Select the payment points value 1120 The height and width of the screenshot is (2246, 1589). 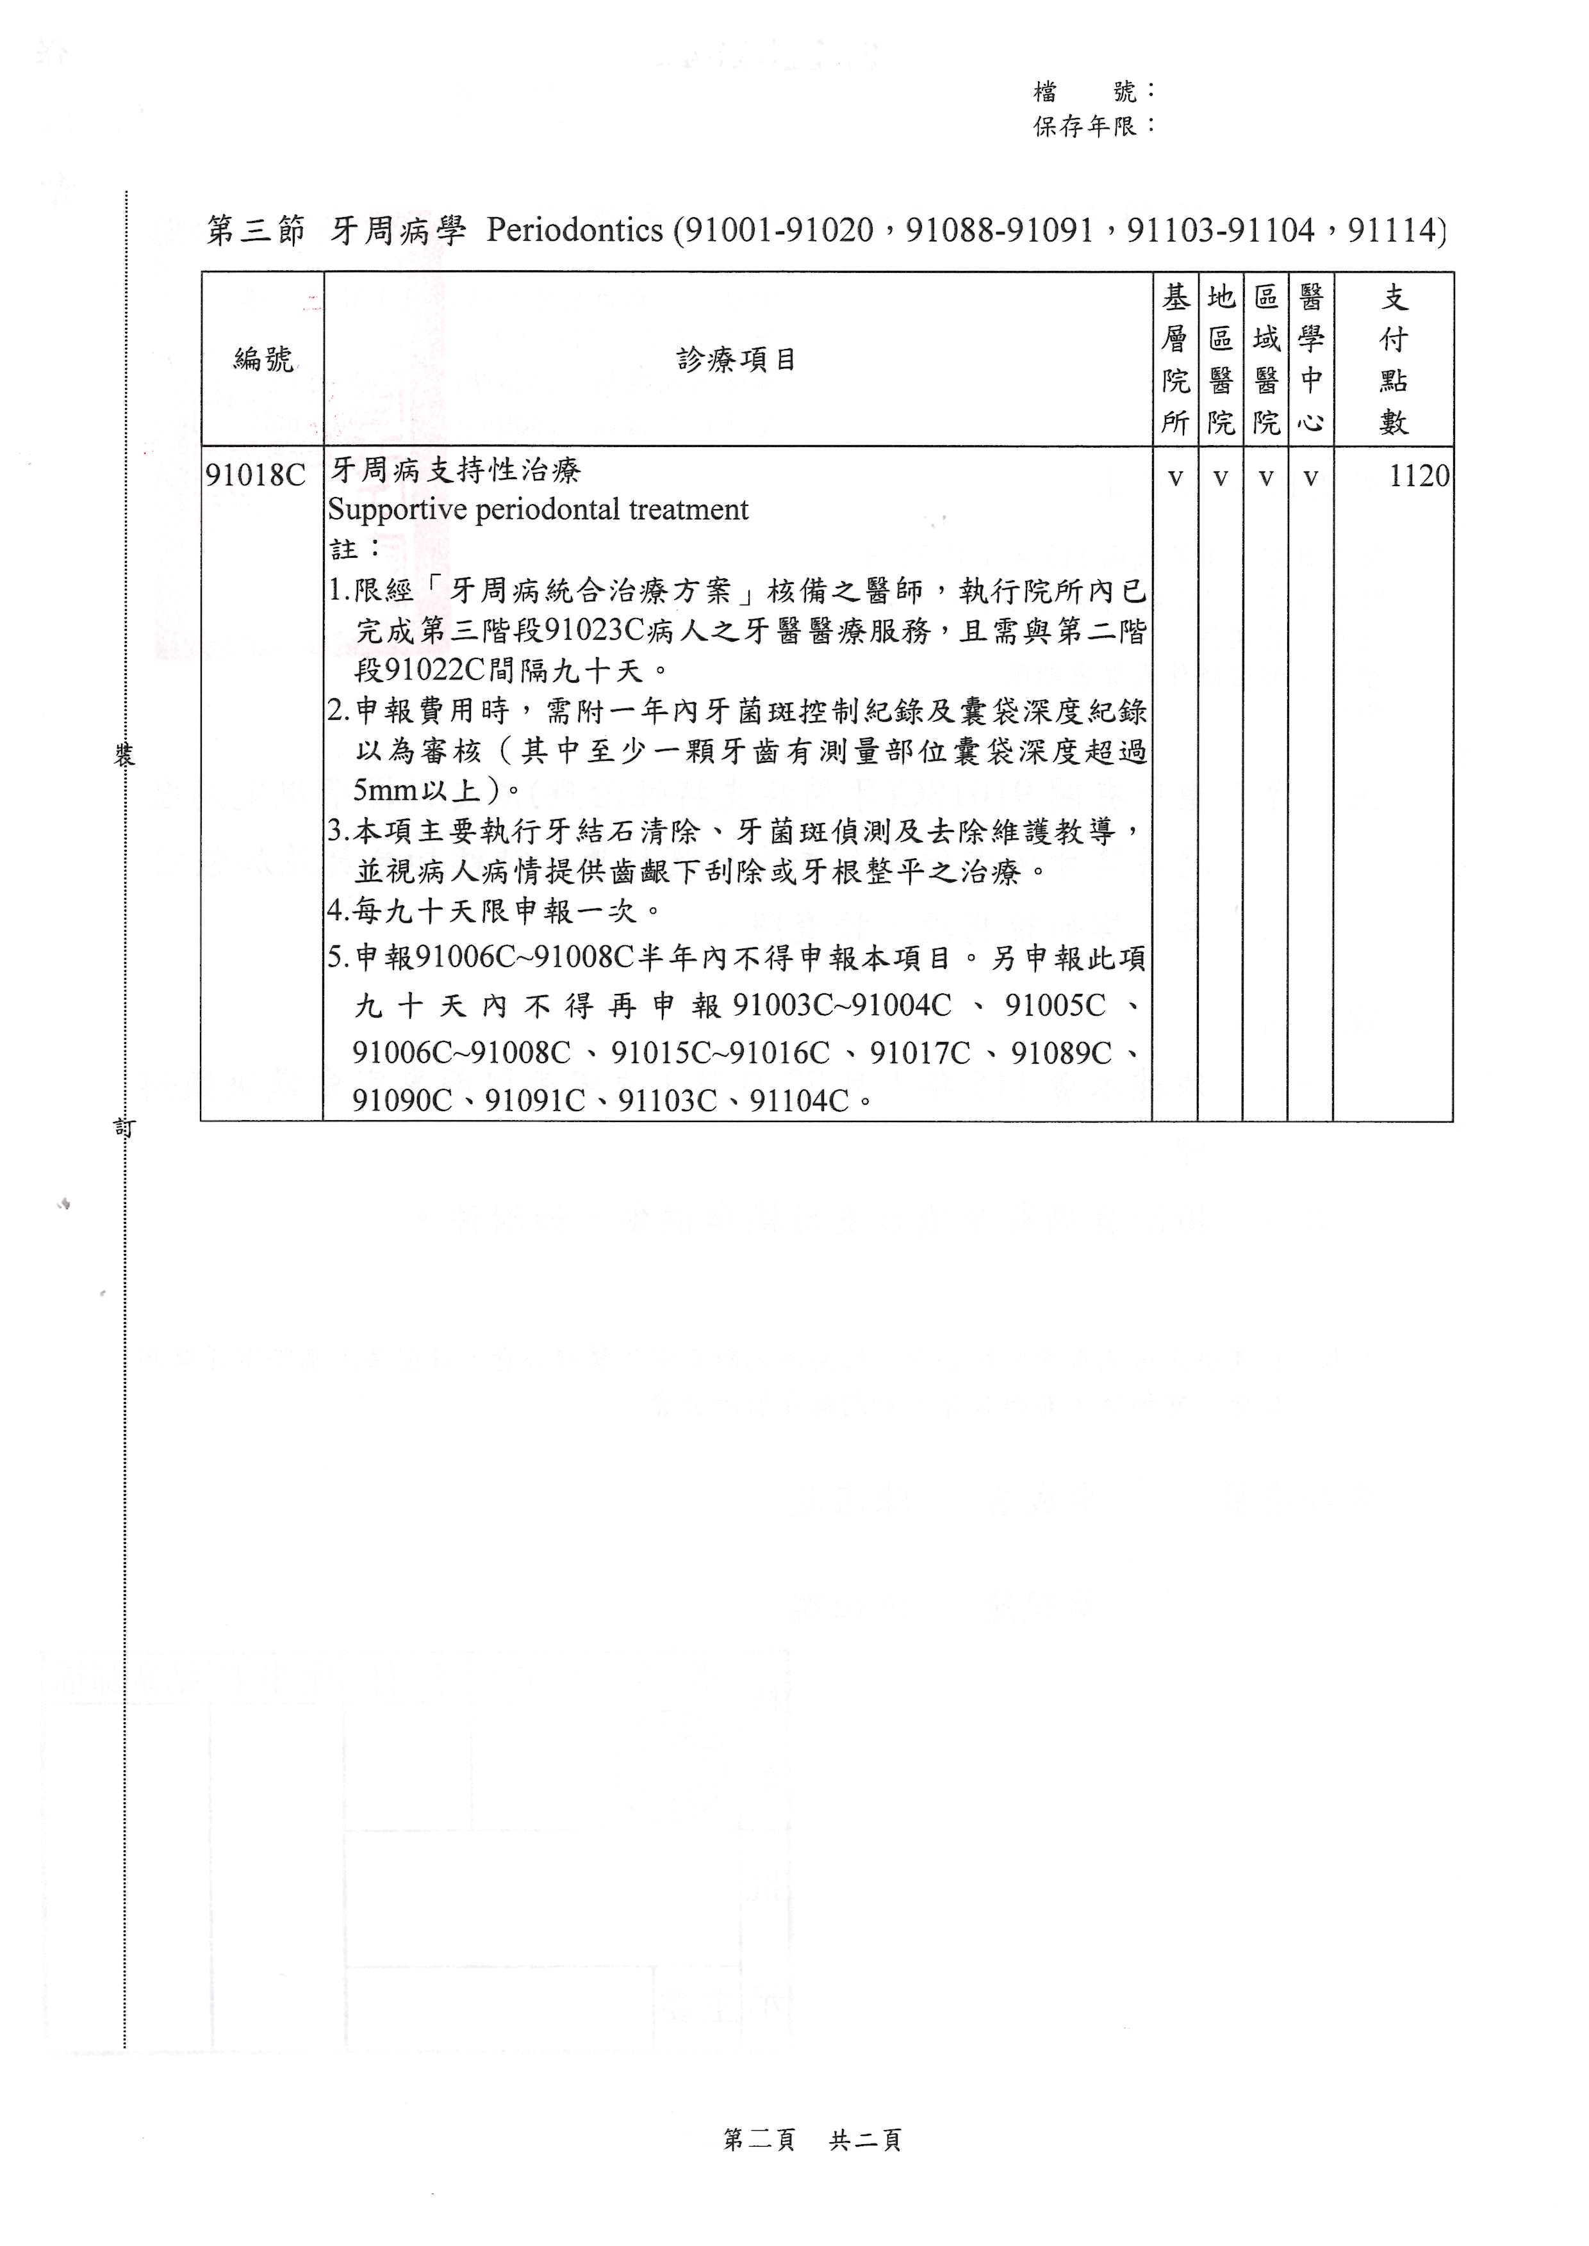(1419, 476)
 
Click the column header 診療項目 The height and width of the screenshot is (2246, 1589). (737, 360)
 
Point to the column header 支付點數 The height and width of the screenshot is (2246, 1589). (1394, 359)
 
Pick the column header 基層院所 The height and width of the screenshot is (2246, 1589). (1175, 359)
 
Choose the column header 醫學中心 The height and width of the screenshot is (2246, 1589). (1310, 359)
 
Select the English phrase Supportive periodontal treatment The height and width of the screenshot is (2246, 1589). (538, 510)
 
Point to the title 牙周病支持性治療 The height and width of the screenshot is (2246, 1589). (455, 471)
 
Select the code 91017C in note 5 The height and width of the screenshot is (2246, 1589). (919, 1054)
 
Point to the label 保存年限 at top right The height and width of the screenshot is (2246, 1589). (1085, 126)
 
